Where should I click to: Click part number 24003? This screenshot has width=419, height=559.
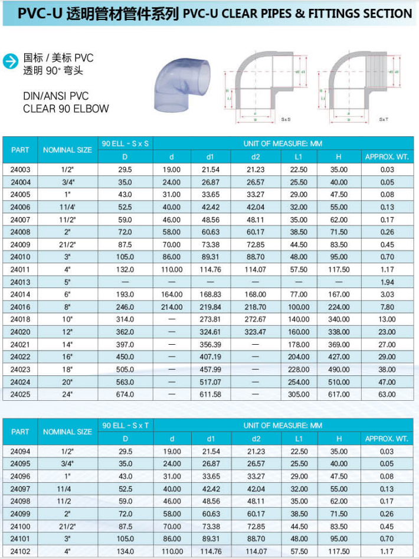click(20, 169)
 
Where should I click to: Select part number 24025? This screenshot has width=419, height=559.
click(20, 394)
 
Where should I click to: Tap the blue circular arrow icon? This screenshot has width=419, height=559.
click(11, 61)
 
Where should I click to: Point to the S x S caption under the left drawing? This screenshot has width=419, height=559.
click(286, 119)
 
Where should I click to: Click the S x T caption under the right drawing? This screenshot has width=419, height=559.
click(384, 119)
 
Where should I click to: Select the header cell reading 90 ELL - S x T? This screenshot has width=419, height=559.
click(125, 426)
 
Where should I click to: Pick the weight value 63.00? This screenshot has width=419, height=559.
click(387, 394)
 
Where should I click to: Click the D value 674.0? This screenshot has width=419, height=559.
click(125, 394)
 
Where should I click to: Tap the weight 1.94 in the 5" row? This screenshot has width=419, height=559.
click(387, 282)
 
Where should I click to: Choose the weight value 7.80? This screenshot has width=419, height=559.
click(387, 307)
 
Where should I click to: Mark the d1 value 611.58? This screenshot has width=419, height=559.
click(211, 394)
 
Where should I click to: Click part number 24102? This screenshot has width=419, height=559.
click(20, 551)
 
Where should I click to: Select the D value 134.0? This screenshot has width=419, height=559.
click(125, 551)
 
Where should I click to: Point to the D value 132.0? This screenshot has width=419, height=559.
click(125, 269)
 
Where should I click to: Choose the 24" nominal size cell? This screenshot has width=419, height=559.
click(67, 394)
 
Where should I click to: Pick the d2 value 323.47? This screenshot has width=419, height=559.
click(255, 332)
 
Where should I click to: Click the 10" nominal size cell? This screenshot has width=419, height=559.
click(67, 319)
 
